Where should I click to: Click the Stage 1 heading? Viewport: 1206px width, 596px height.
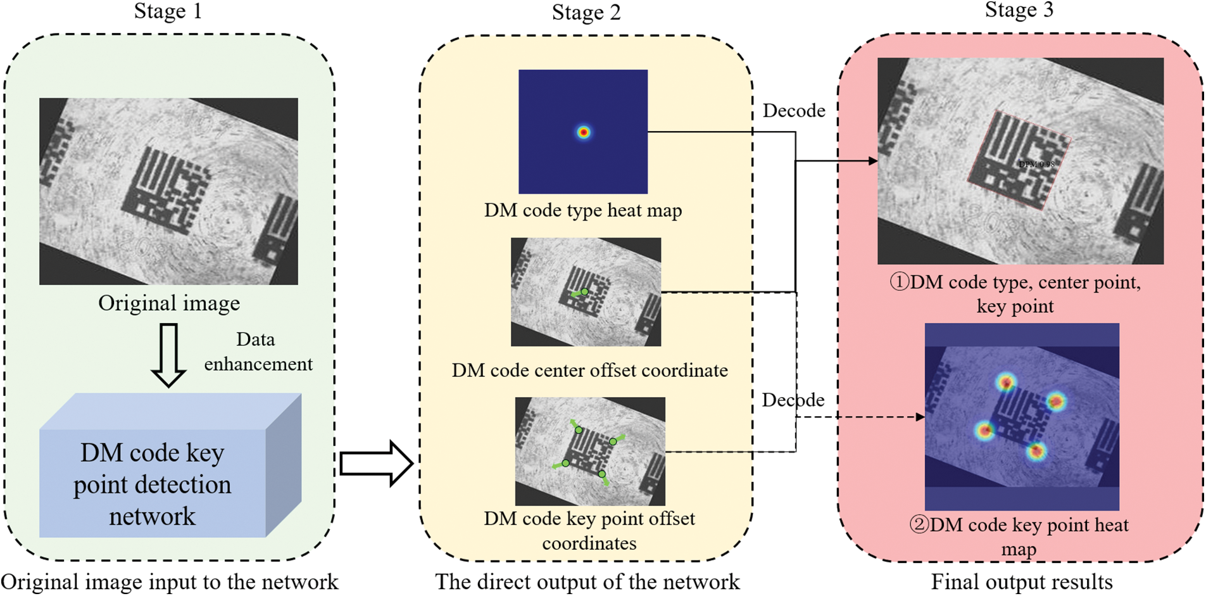(x=168, y=11)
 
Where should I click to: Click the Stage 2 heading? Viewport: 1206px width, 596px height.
(x=586, y=13)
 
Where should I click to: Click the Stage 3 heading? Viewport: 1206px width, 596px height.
(x=1019, y=10)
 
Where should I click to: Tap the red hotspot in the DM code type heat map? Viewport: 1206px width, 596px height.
(x=584, y=132)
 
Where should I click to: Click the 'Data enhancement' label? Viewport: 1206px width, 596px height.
(x=258, y=352)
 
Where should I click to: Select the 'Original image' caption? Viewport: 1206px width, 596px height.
(x=169, y=303)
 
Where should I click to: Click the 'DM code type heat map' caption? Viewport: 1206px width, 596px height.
(x=583, y=210)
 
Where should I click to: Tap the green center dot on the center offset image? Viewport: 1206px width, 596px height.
(x=585, y=292)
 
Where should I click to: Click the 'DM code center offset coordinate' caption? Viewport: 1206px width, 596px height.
(x=589, y=370)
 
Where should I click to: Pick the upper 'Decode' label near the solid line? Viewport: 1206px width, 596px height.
(x=793, y=111)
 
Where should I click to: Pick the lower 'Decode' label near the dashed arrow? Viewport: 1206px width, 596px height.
(x=793, y=400)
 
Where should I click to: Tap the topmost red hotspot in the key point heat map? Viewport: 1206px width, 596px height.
(x=1006, y=382)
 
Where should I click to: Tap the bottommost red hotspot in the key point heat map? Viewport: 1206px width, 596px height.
(x=1036, y=451)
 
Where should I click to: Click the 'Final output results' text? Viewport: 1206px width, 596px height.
(x=1021, y=582)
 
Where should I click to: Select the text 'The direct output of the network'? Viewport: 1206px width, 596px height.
(x=587, y=582)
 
